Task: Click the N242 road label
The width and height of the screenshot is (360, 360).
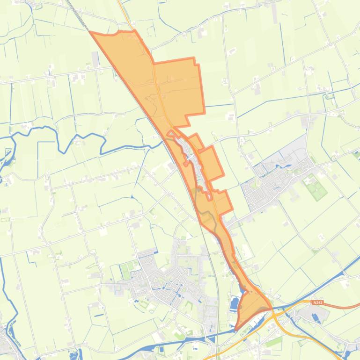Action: [x=317, y=302]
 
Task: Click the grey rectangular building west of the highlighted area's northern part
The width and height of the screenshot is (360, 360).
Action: [x=96, y=58]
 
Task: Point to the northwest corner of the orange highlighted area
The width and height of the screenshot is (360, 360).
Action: [x=91, y=33]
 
